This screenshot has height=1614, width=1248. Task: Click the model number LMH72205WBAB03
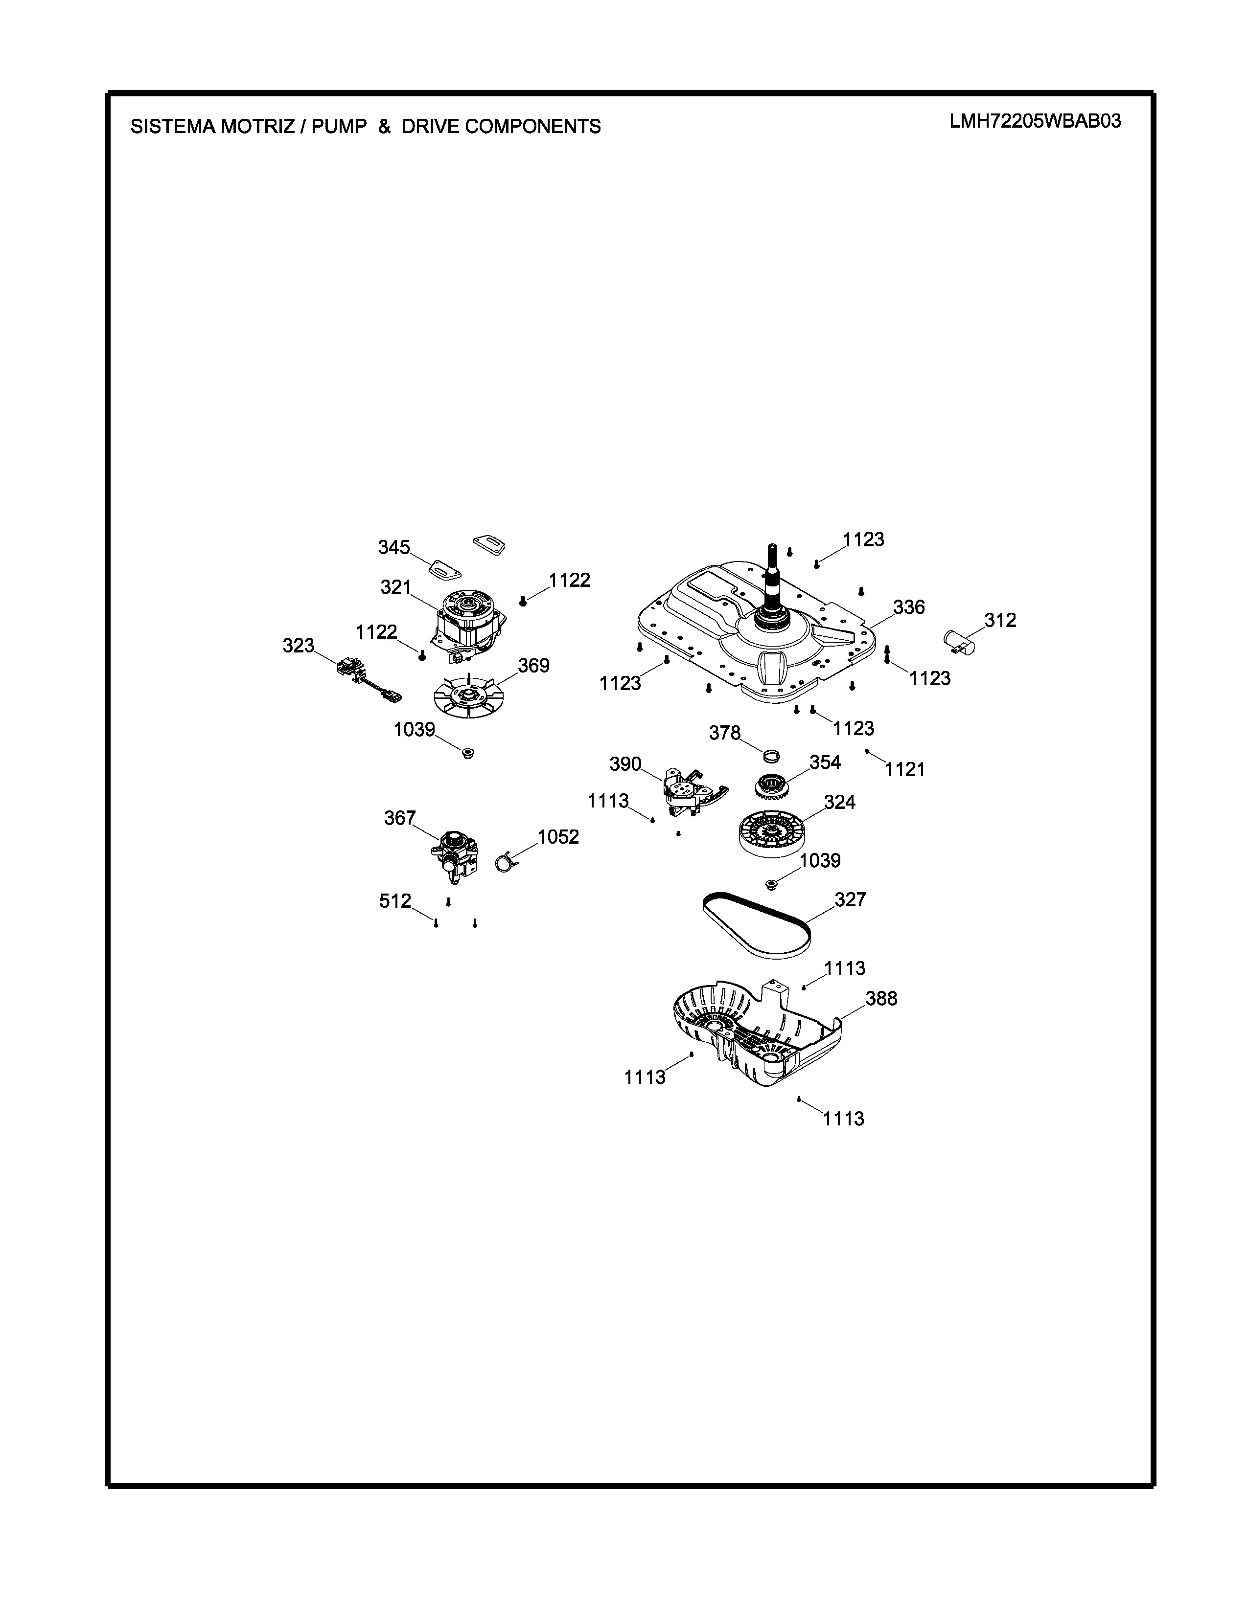click(x=1035, y=121)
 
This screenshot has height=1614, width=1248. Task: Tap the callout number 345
click(x=393, y=548)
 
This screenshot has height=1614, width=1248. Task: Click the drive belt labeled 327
click(x=756, y=926)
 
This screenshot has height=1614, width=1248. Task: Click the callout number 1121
click(x=905, y=770)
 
